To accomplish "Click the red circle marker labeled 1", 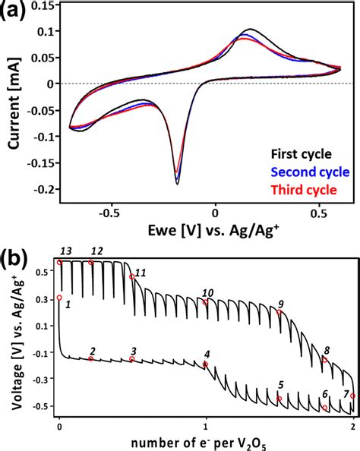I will tap(59, 298).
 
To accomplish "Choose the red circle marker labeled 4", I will tap(205, 364).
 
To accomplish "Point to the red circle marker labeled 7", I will tap(352, 396).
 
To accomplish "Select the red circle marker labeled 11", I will tap(132, 277).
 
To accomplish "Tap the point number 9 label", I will tap(281, 303).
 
